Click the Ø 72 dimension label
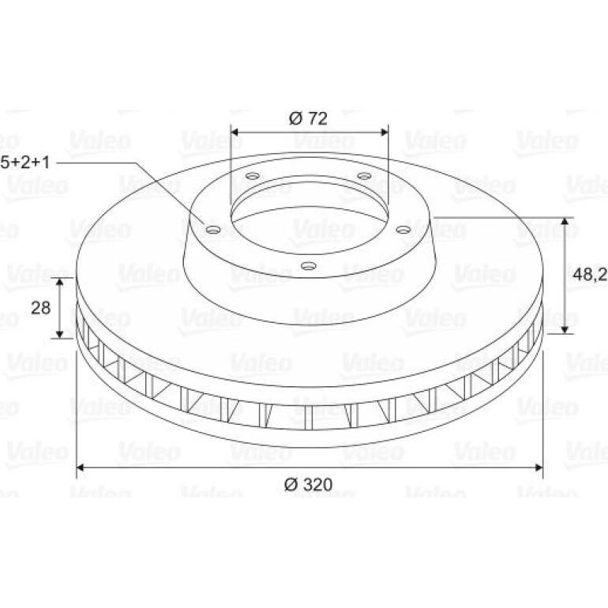point(308,118)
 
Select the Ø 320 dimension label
point(308,484)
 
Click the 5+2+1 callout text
point(25,163)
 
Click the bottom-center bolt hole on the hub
point(309,266)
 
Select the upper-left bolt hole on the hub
point(253,175)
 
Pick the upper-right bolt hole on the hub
point(364,176)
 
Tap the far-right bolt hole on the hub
point(403,231)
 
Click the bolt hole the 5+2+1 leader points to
point(213,230)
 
